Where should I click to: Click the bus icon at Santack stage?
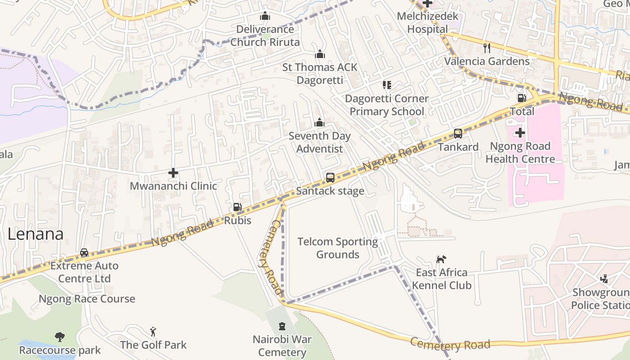coord(330,178)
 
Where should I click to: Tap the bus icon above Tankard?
coord(458,134)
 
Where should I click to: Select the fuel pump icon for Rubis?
coord(237,207)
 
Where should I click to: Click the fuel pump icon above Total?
coord(522,98)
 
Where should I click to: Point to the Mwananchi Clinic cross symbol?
coord(173,173)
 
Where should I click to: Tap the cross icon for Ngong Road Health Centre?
coord(520,133)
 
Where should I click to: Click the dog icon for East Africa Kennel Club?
coord(441,259)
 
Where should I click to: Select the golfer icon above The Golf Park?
coord(153,332)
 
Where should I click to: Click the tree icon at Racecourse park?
coord(59,337)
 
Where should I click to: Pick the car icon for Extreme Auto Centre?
coord(84,252)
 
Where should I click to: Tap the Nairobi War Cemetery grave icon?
coord(282,326)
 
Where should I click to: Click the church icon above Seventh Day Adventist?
coord(319,122)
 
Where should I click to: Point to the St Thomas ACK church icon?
coord(320,54)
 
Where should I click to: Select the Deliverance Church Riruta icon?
coord(265,16)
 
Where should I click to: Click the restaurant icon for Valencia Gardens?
coord(486,48)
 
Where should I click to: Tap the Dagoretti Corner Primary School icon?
coord(387,85)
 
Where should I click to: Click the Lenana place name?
coord(35,234)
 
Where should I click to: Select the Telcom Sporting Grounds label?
coord(337,248)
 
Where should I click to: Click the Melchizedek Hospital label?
coord(427,22)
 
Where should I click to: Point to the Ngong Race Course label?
coord(87,299)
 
